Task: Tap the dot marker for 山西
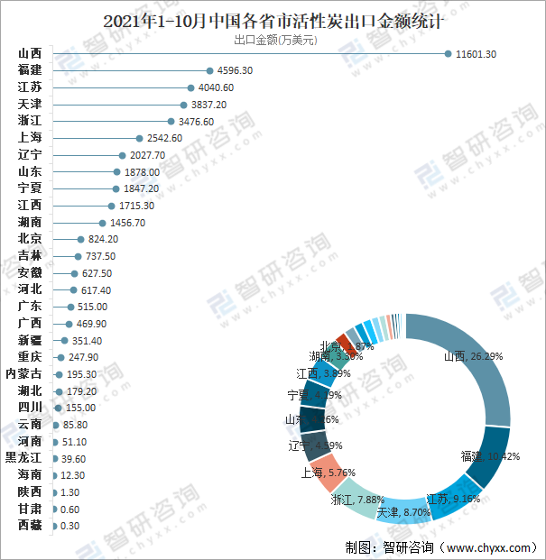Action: [x=448, y=54]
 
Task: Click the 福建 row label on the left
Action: [x=29, y=70]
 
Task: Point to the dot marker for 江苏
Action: [x=190, y=87]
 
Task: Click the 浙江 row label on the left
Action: [x=29, y=121]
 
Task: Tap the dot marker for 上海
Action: [x=139, y=138]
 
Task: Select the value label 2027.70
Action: [x=143, y=155]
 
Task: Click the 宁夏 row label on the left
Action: [x=29, y=188]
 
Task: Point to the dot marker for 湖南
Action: [x=102, y=223]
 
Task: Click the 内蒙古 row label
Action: [x=23, y=373]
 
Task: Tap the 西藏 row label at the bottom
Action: [x=29, y=525]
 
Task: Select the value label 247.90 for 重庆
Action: [x=82, y=357]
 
